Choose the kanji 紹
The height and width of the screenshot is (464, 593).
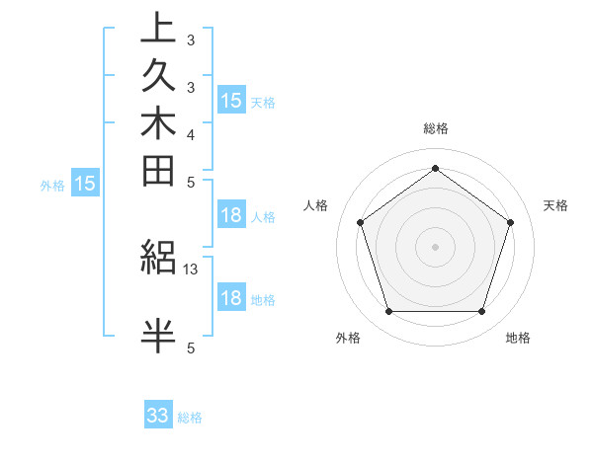click(x=158, y=258)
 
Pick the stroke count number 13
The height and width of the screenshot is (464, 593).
click(x=191, y=269)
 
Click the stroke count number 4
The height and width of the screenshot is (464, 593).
click(x=191, y=134)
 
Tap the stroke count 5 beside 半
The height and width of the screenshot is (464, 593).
click(x=191, y=348)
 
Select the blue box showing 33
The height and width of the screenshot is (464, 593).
click(x=158, y=416)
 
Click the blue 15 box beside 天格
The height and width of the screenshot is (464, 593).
click(x=231, y=100)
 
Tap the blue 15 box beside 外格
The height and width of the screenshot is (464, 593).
click(x=86, y=183)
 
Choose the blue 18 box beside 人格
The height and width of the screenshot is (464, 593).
click(x=231, y=216)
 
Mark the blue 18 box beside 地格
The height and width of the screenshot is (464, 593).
click(x=231, y=298)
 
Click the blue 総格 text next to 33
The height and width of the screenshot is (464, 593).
click(x=190, y=418)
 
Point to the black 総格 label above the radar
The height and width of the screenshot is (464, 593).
click(x=436, y=128)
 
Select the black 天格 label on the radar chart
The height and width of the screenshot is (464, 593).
click(x=556, y=205)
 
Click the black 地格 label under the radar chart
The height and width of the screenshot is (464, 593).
click(x=518, y=339)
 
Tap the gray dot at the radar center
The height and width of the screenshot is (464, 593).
click(x=436, y=246)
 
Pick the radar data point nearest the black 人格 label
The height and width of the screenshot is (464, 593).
click(x=360, y=222)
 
